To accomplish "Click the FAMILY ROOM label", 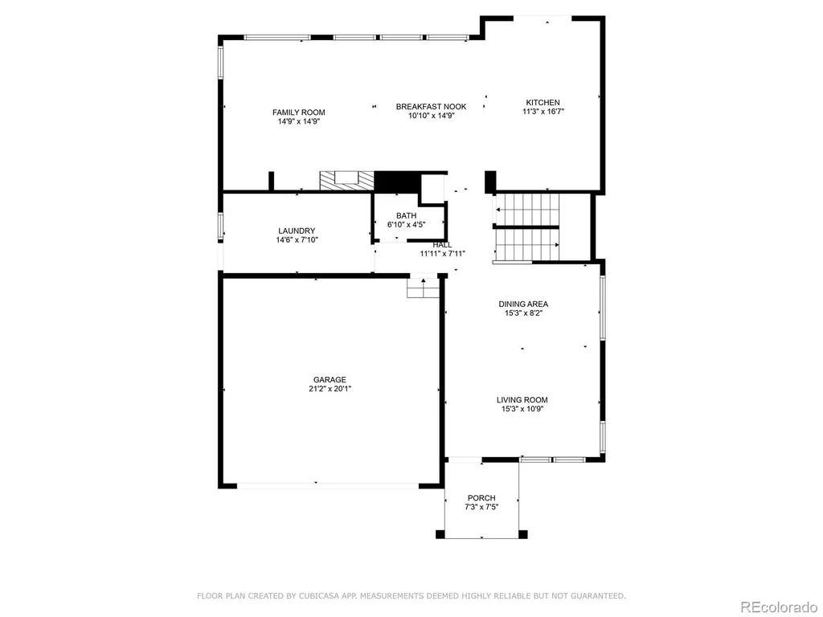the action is click(x=299, y=112).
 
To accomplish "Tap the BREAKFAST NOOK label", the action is click(x=431, y=107).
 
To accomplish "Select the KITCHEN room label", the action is click(x=543, y=102).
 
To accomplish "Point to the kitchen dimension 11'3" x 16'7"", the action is click(x=543, y=111).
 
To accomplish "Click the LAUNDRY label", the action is click(x=297, y=231).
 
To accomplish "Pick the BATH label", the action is click(x=406, y=215).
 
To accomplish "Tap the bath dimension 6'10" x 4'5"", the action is click(x=406, y=225).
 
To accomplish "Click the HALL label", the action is click(x=442, y=245).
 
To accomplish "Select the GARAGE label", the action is click(x=330, y=380).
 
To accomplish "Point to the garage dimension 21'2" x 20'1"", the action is click(x=330, y=389).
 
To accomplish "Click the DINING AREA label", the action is click(x=522, y=304).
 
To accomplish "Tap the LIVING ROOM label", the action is click(x=522, y=400).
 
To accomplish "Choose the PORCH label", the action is click(x=481, y=498).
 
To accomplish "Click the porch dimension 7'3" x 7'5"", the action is click(x=481, y=507).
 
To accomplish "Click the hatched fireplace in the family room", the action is click(x=347, y=181).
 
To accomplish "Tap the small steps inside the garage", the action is click(x=423, y=288).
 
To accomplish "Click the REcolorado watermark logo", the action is click(x=778, y=607).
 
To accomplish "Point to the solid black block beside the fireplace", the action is click(x=397, y=182).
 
